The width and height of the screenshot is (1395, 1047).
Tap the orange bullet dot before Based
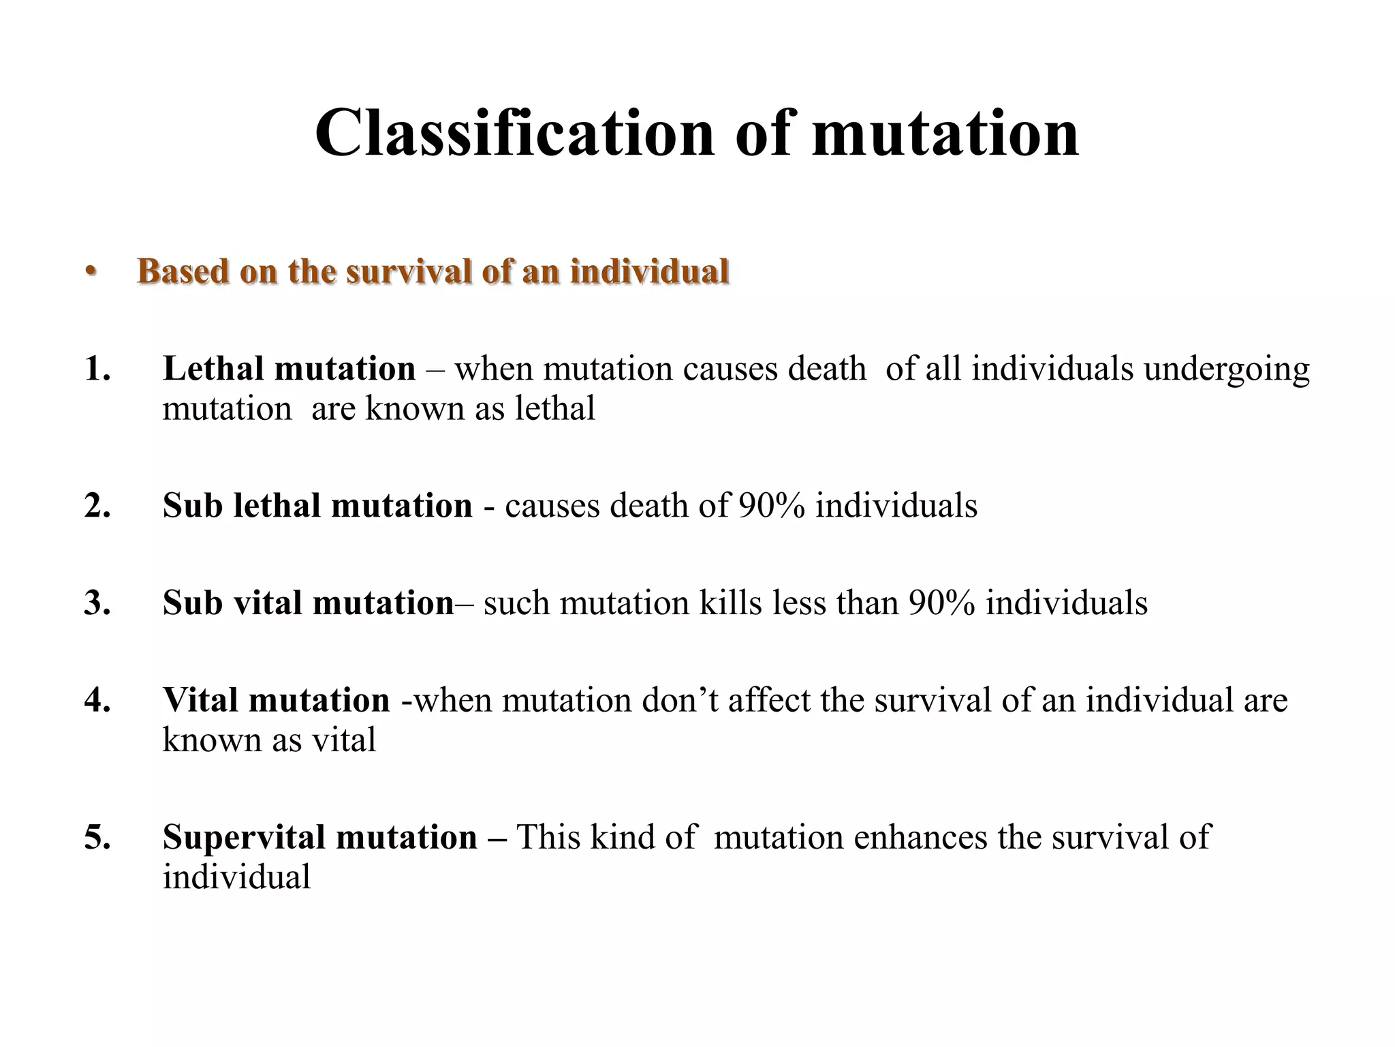[90, 271]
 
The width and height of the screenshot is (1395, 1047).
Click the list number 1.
[97, 369]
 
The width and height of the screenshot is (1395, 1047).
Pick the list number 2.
[97, 506]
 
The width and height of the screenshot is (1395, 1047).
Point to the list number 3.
[97, 603]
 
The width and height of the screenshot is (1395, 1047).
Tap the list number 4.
[97, 700]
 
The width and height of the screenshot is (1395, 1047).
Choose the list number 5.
[97, 837]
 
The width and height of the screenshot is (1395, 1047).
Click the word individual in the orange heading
[649, 271]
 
